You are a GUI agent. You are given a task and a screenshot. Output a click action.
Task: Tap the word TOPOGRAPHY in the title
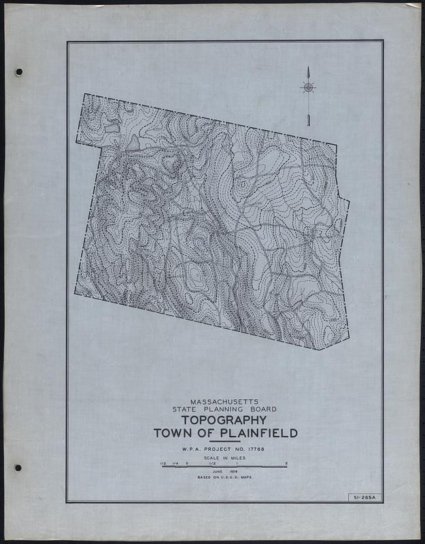tap(225, 420)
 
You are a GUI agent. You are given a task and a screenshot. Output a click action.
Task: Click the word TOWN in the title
tap(174, 434)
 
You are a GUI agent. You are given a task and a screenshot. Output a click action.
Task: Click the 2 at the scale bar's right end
tap(286, 464)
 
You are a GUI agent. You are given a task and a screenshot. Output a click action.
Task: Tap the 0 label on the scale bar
tap(186, 464)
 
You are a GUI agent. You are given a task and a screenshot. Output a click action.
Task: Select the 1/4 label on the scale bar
tap(174, 464)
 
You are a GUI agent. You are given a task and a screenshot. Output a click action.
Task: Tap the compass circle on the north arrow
tap(308, 87)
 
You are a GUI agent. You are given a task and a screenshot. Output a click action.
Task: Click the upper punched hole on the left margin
tap(19, 71)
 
